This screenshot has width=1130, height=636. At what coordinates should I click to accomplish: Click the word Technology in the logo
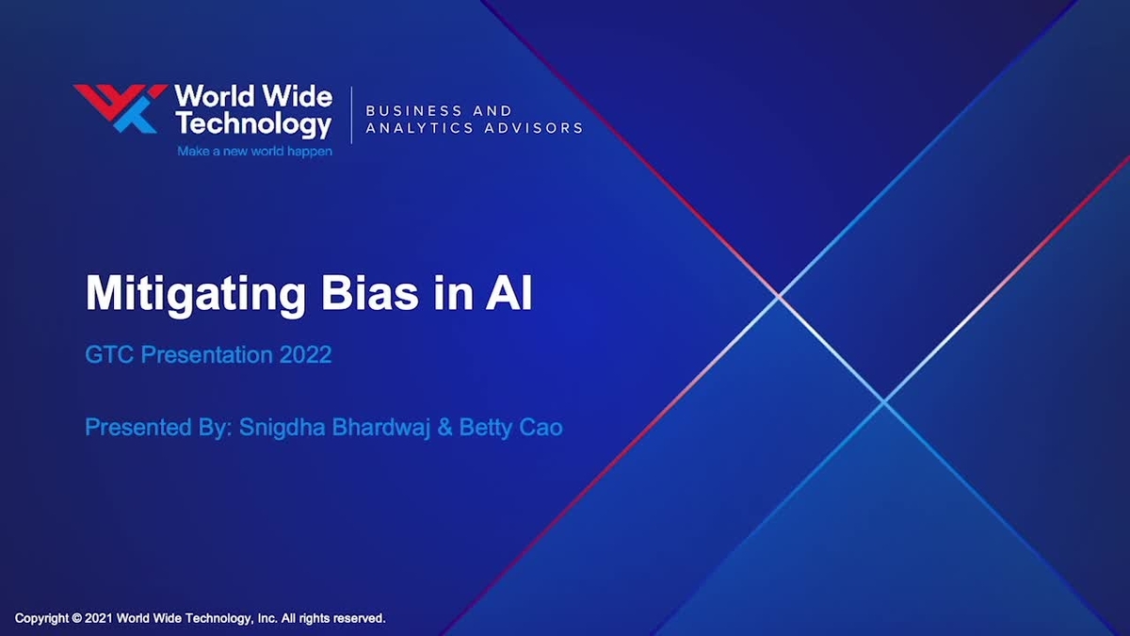(x=253, y=123)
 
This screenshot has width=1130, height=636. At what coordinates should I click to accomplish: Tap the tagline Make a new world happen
(x=254, y=151)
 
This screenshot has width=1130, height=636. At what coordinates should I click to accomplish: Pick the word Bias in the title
(x=369, y=294)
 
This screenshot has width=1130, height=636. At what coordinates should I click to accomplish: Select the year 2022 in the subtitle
(x=305, y=355)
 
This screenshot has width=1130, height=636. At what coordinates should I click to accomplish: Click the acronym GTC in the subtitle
(x=105, y=355)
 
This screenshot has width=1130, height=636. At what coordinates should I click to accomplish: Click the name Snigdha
(x=281, y=427)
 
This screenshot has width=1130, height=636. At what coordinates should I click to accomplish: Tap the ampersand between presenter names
(x=442, y=427)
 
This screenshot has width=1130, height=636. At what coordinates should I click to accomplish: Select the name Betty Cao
(x=510, y=427)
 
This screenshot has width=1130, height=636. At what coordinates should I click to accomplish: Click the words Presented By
(x=156, y=427)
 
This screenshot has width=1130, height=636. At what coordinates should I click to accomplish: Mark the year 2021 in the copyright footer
(x=99, y=619)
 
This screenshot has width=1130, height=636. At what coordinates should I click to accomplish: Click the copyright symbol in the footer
(x=76, y=619)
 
